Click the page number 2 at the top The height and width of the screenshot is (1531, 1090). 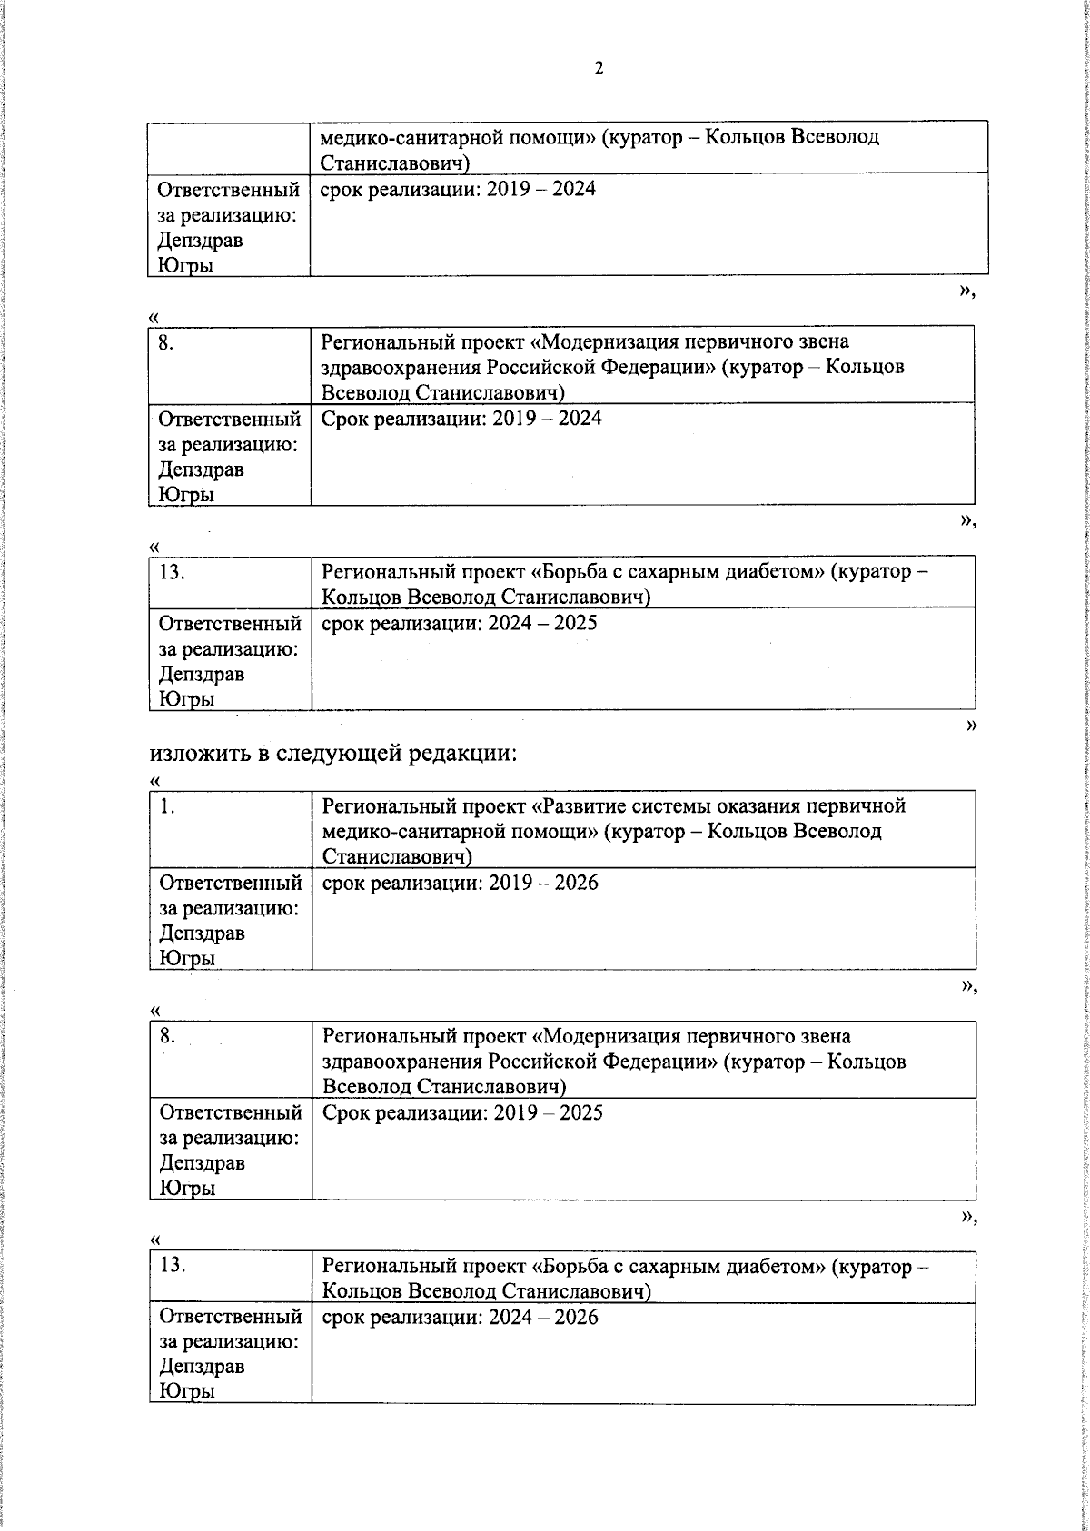point(599,69)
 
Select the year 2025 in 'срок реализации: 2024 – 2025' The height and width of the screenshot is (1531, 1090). point(574,623)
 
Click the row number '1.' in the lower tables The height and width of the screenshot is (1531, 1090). point(167,806)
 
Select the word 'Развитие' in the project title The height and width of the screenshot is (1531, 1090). point(577,806)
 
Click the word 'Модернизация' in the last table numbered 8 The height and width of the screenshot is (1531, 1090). point(616,1037)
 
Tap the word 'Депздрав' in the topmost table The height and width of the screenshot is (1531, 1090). point(200,241)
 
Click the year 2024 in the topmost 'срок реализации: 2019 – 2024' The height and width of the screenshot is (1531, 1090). point(572,189)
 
